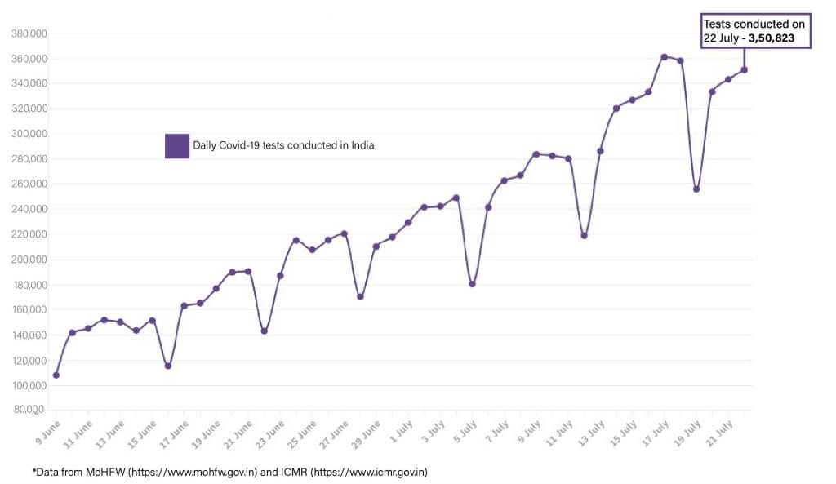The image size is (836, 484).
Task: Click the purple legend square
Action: pyautogui.click(x=177, y=145)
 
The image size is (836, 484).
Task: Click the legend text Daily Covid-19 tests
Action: pyautogui.click(x=282, y=145)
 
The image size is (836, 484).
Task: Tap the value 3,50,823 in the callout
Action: pyautogui.click(x=778, y=38)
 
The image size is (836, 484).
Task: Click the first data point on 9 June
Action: pyautogui.click(x=56, y=375)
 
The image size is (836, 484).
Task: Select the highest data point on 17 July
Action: pyautogui.click(x=664, y=57)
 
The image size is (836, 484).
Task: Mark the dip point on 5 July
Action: pyautogui.click(x=472, y=284)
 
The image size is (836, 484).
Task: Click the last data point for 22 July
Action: pyautogui.click(x=744, y=70)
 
